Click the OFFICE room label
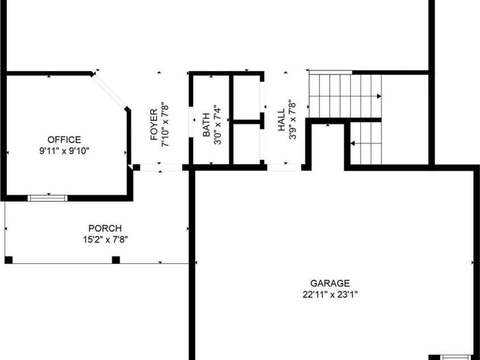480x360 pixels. [64, 140]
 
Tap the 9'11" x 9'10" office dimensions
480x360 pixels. [64, 151]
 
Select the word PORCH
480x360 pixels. [105, 228]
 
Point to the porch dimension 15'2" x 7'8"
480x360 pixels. [105, 239]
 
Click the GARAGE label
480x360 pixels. [330, 283]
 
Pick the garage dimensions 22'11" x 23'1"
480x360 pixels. [330, 294]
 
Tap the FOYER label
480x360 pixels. [154, 125]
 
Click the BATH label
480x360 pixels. [206, 125]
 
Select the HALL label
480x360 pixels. [281, 120]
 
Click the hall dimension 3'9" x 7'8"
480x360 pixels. [292, 120]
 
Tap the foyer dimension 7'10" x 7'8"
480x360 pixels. [165, 125]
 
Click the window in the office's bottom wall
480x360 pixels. [47, 198]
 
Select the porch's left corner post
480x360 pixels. [9, 260]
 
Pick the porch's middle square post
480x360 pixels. [116, 260]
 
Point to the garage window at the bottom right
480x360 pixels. [456, 357]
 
